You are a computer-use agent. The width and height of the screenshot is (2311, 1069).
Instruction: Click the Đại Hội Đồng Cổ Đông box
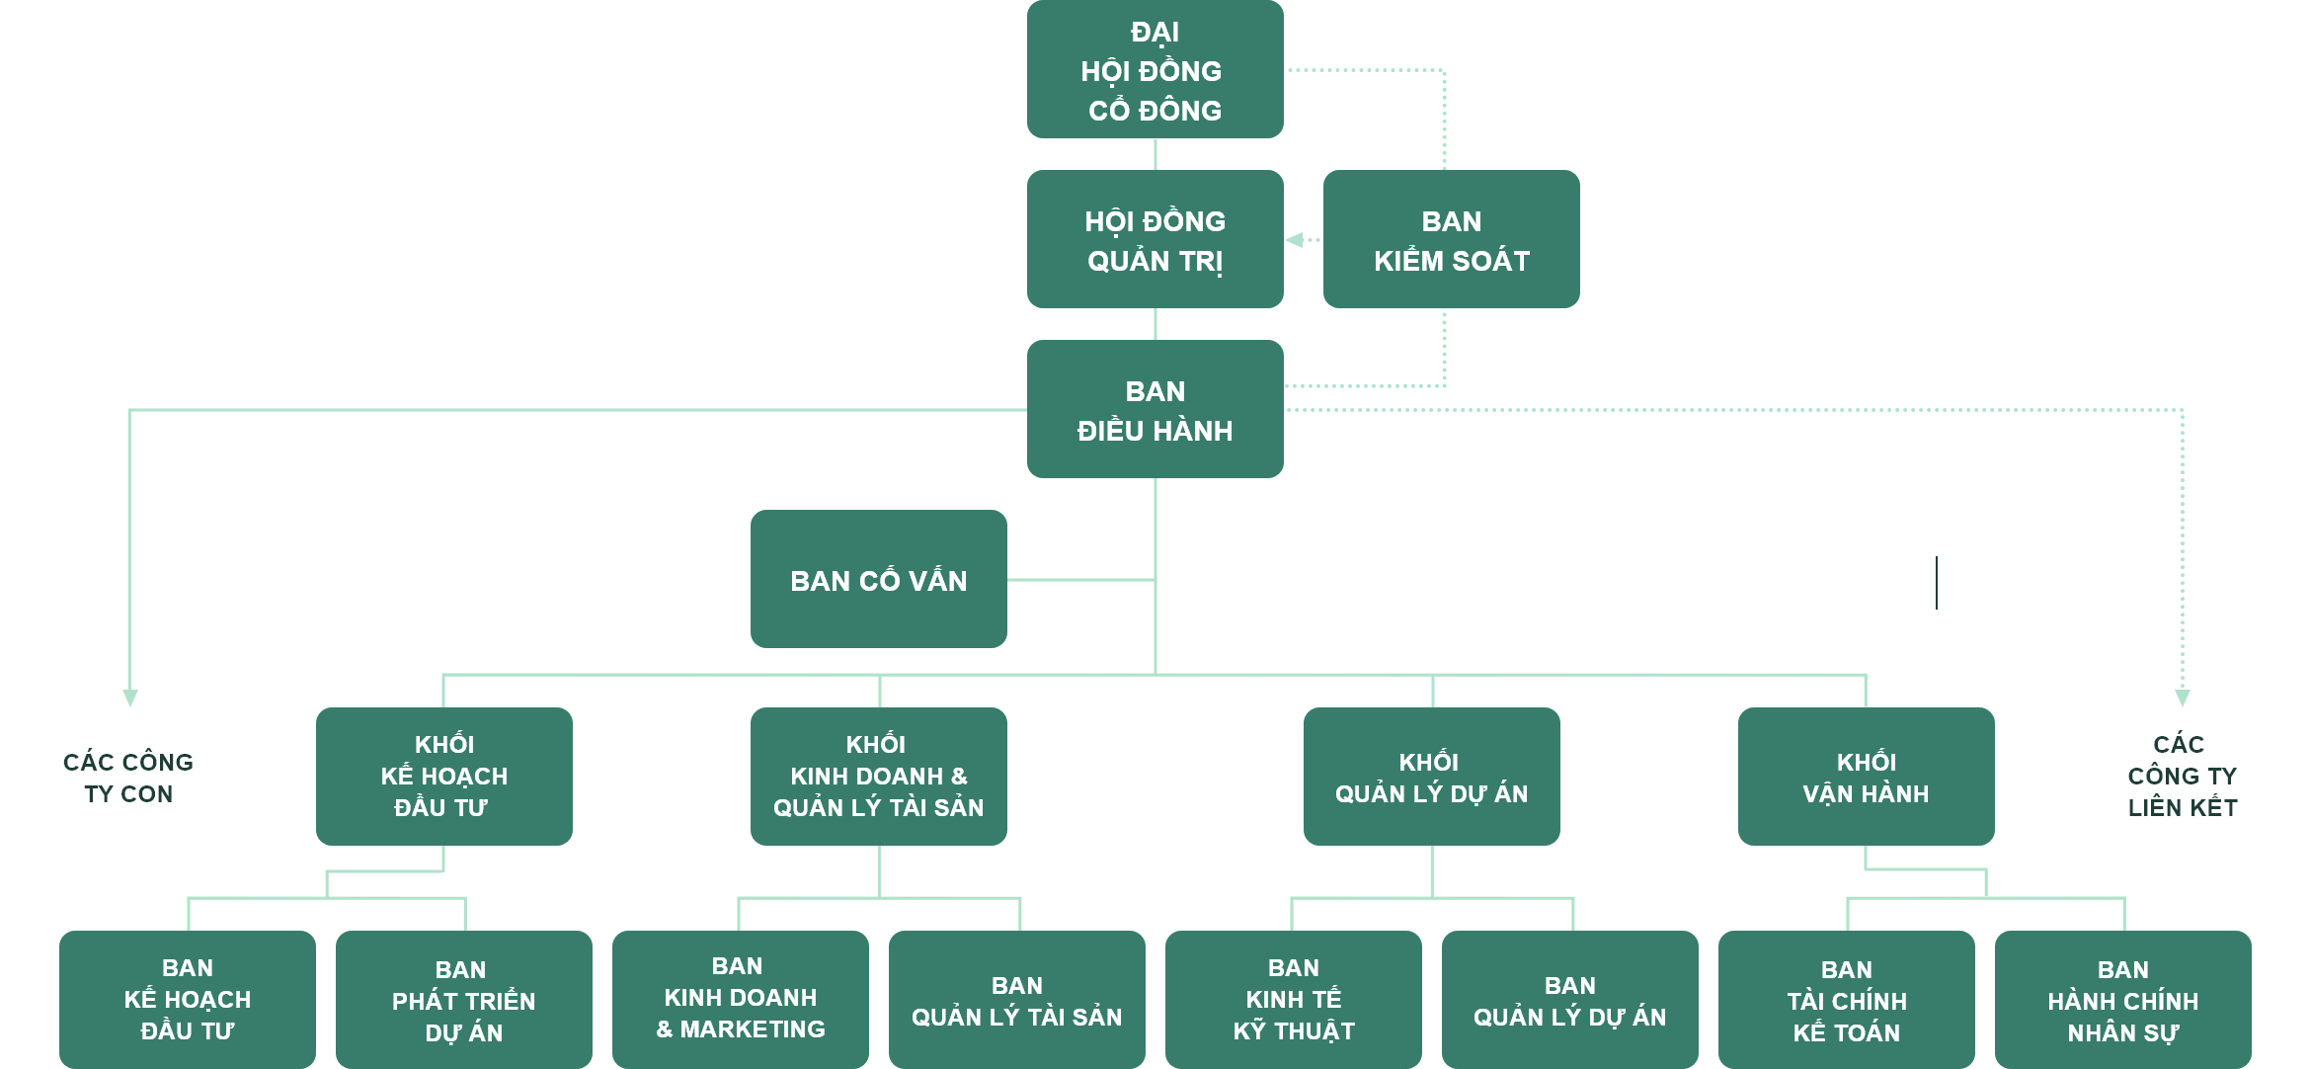coord(1155,69)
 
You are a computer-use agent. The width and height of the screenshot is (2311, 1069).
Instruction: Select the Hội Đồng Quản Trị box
coord(1155,239)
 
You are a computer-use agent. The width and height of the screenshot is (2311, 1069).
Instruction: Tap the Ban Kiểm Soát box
coord(1451,239)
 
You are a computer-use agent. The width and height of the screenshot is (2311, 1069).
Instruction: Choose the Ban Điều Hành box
coord(1155,409)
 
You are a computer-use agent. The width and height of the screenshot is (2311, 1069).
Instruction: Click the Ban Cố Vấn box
coord(878,579)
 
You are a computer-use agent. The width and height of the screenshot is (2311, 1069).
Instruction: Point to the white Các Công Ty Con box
coord(128,777)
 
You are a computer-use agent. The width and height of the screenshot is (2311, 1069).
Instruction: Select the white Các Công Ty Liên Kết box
coord(2182,777)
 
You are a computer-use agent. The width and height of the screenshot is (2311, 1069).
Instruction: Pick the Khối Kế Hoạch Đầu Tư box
coord(443,777)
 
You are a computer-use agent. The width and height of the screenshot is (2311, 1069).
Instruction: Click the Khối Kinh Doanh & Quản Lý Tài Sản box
coord(878,777)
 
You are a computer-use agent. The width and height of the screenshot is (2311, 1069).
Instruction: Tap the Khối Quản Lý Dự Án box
coord(1431,777)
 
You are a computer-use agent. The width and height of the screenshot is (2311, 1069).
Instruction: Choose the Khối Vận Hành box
coord(1866,777)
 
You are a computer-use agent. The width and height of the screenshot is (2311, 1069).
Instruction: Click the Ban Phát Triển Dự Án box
coord(463,1000)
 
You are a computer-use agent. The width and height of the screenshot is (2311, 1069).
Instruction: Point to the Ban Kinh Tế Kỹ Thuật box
coord(1293,1000)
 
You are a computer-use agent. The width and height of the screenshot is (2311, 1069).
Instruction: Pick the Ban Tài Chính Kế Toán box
coord(1846,1000)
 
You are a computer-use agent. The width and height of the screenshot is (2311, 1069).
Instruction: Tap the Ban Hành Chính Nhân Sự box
coord(2122,1000)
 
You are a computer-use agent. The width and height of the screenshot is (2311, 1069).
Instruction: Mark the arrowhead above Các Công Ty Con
coord(129,698)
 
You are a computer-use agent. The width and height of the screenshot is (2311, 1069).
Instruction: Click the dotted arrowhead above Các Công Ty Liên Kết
coord(2183,698)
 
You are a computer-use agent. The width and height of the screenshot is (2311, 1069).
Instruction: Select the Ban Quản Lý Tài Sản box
coord(1016,1000)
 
